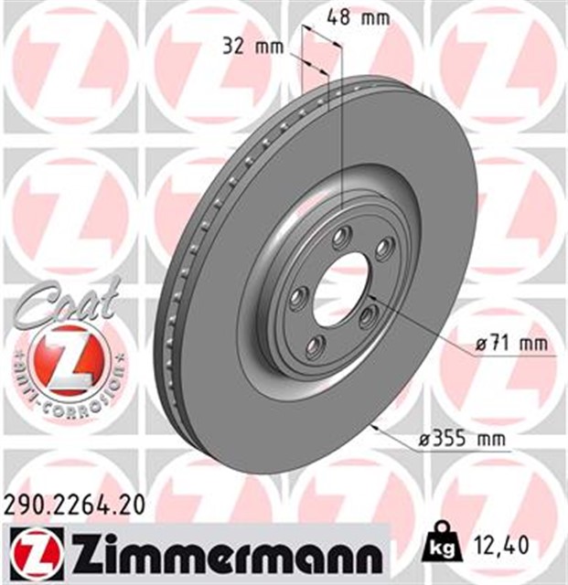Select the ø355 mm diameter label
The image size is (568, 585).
point(462,439)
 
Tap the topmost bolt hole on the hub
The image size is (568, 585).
point(341,238)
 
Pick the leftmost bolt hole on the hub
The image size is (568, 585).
point(298,297)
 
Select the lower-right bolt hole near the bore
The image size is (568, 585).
point(368,316)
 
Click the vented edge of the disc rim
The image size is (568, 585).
point(183,274)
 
